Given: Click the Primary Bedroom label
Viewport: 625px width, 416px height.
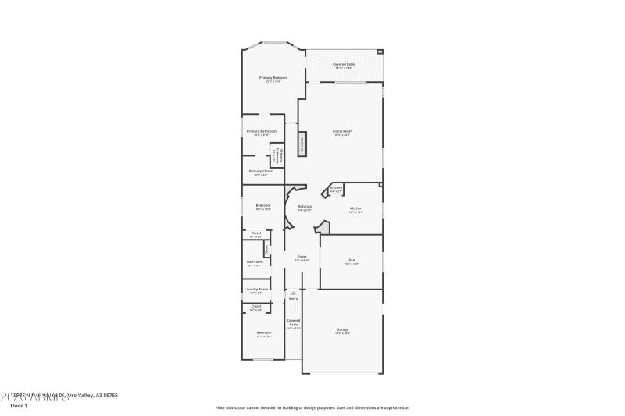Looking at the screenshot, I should point(273,78).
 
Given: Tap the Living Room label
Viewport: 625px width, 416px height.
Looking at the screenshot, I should point(342,131).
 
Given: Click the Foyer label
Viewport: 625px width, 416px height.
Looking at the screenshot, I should point(302,257).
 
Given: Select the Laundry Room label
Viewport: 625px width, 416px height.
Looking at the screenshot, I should point(256,290).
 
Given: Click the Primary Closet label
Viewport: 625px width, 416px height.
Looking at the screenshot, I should point(260,171).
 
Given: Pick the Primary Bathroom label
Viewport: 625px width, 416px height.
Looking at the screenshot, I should point(262,131).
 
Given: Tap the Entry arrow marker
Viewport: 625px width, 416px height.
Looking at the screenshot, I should point(293,293).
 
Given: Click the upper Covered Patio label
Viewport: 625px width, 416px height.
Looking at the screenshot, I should point(344,64).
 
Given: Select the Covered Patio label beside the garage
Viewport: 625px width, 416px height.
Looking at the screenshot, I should point(293,322).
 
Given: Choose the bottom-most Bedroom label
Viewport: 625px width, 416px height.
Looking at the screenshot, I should point(263,333).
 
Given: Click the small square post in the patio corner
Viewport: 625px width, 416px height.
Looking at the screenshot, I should point(380,52).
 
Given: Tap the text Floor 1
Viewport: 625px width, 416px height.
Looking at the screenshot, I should point(18,406).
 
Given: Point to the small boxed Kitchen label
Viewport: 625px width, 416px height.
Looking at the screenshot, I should point(336,188).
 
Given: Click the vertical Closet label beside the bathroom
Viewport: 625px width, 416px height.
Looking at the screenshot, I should point(266,250).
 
